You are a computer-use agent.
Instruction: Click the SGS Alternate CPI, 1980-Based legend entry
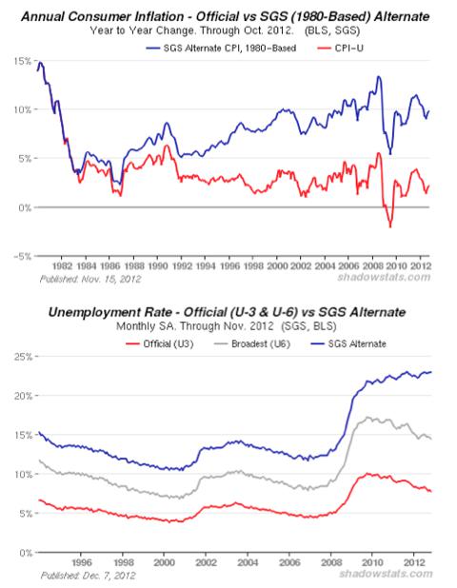click(221, 49)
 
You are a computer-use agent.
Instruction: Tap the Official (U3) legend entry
click(160, 343)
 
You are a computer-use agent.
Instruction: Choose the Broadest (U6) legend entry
click(252, 343)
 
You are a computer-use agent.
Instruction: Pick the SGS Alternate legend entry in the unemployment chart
click(349, 343)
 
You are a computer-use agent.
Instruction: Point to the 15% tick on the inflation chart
click(23, 61)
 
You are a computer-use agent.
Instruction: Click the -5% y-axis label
click(22, 257)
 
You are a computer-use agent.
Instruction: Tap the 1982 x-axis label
click(62, 265)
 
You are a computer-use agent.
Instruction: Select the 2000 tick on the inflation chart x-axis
click(276, 265)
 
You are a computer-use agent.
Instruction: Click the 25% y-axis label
click(23, 356)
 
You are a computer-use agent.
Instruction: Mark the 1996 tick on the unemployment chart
click(81, 562)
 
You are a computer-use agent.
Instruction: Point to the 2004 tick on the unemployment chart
click(248, 562)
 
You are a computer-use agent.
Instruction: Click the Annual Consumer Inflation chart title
click(225, 16)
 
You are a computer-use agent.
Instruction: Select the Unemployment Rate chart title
click(227, 312)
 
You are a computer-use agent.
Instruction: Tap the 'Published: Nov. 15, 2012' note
click(90, 280)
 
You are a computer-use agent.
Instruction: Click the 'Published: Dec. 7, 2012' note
click(88, 576)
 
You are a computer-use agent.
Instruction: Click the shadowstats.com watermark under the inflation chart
click(384, 277)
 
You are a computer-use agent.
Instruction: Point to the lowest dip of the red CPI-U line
click(390, 226)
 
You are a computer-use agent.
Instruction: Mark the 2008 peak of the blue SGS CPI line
click(379, 77)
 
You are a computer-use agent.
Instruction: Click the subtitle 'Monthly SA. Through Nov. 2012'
click(195, 326)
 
